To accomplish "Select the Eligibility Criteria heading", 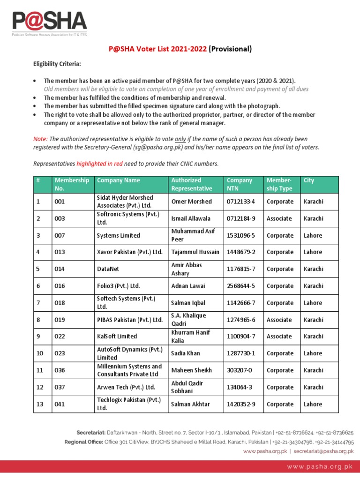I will click(x=56, y=64).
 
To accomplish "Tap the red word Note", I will click(x=40, y=139).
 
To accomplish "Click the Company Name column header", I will click(x=118, y=180).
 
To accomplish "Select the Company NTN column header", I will click(x=240, y=184).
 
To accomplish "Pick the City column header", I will click(x=309, y=180).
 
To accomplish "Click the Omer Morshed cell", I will click(x=191, y=202).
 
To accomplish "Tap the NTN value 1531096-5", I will click(x=241, y=235).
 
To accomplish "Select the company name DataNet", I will click(x=108, y=269).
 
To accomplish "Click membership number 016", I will click(x=60, y=286).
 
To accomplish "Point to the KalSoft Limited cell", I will click(x=117, y=337).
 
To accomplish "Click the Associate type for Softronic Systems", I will click(x=279, y=218).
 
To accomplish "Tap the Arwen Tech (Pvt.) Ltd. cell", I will click(x=126, y=387).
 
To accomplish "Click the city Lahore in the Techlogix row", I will click(x=313, y=404).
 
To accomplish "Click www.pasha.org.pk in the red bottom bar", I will click(x=320, y=466).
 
